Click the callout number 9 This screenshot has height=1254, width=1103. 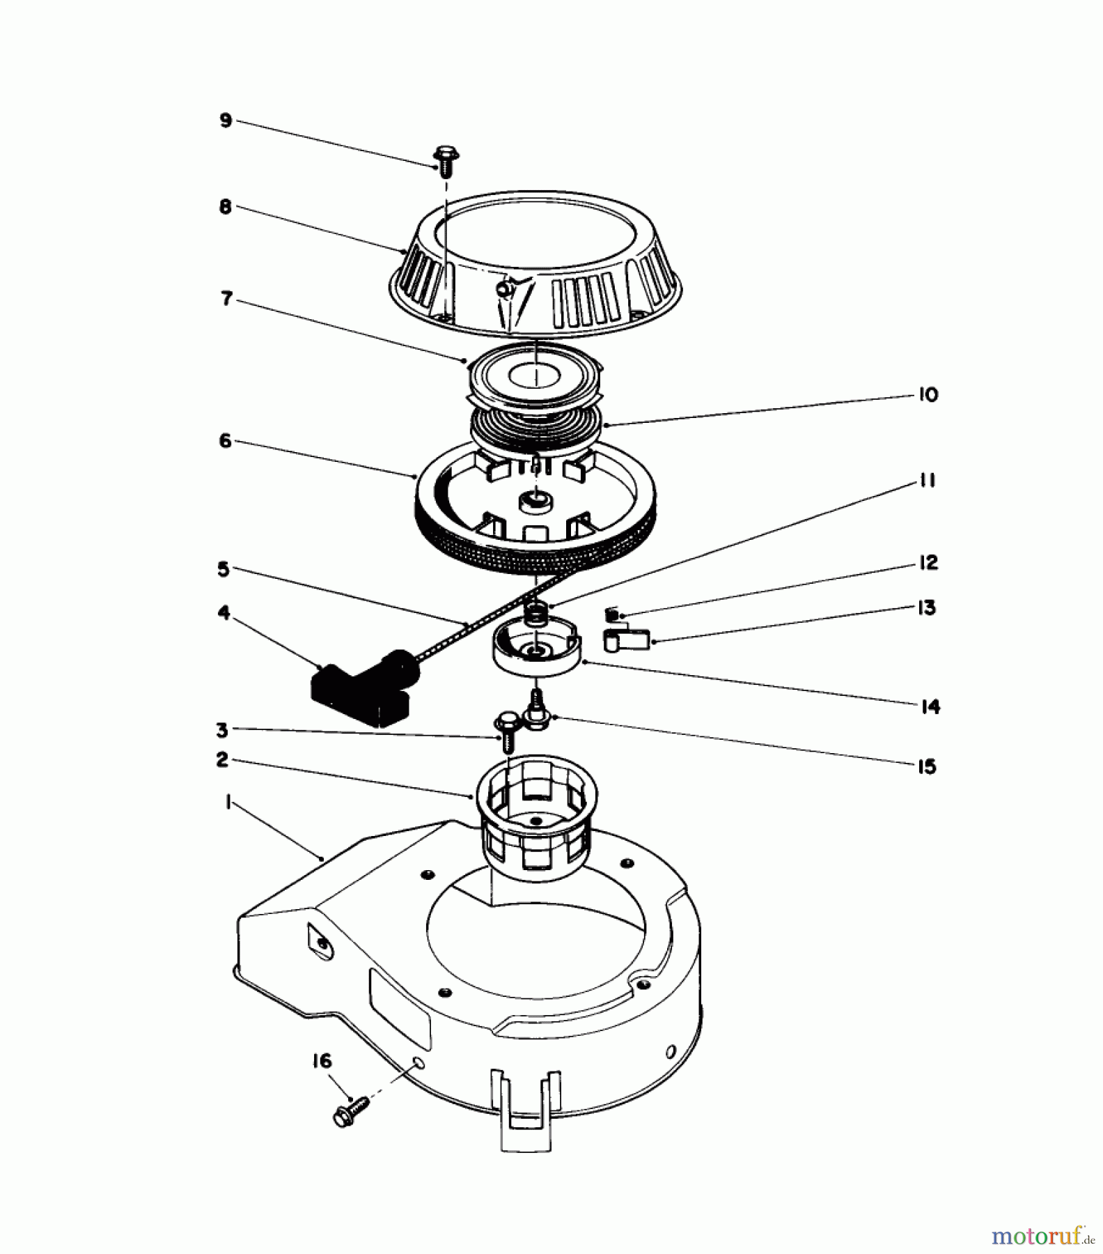coord(226,121)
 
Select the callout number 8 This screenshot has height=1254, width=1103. coord(225,207)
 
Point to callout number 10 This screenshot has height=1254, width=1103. coord(928,394)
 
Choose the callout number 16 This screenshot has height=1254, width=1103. coord(322,1061)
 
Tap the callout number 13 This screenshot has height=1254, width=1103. coord(927,607)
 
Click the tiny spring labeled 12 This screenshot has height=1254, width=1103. coord(611,614)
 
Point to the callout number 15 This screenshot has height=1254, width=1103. coord(927,766)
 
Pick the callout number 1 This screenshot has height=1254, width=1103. coord(227,803)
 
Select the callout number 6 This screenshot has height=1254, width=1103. coord(225,441)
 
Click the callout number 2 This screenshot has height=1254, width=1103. coord(222,759)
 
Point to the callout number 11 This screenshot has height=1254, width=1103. coord(927,481)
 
